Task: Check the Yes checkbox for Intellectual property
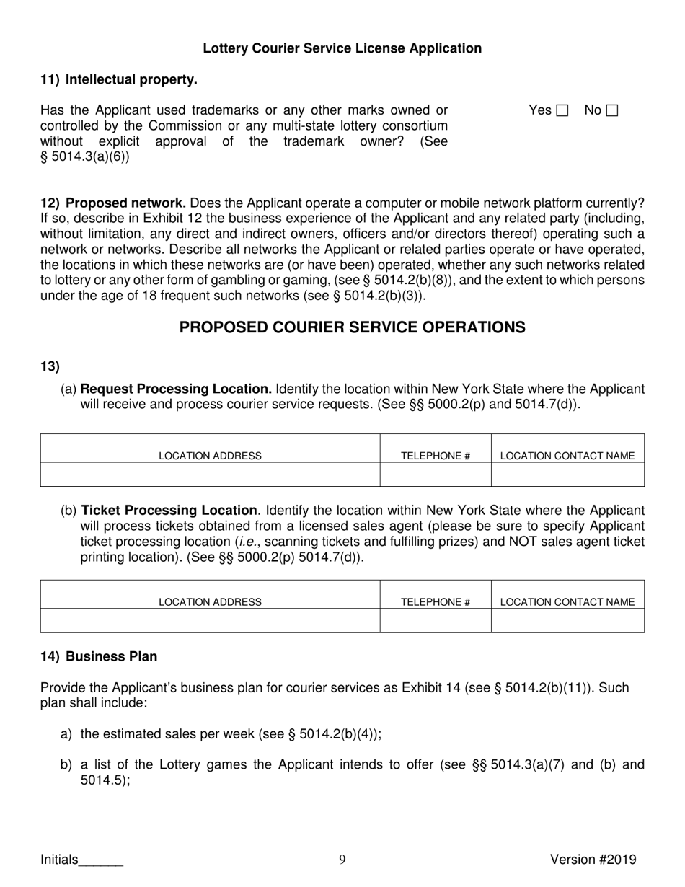coord(562,111)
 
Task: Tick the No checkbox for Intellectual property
coord(612,111)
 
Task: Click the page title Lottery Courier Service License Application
coord(342,48)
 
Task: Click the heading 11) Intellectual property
coord(119,80)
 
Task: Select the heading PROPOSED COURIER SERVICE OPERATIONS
coord(352,327)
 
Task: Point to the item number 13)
coord(50,366)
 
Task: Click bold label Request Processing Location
coord(176,389)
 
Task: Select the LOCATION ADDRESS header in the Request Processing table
coord(210,456)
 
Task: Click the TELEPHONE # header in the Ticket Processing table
coord(436,601)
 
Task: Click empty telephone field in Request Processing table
coord(436,475)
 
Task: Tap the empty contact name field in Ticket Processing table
coord(567,620)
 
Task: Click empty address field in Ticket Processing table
coord(210,620)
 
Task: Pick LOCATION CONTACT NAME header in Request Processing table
coord(567,456)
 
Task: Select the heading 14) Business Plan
coord(99,657)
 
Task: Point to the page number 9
coord(342,859)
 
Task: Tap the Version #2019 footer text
coord(593,859)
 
